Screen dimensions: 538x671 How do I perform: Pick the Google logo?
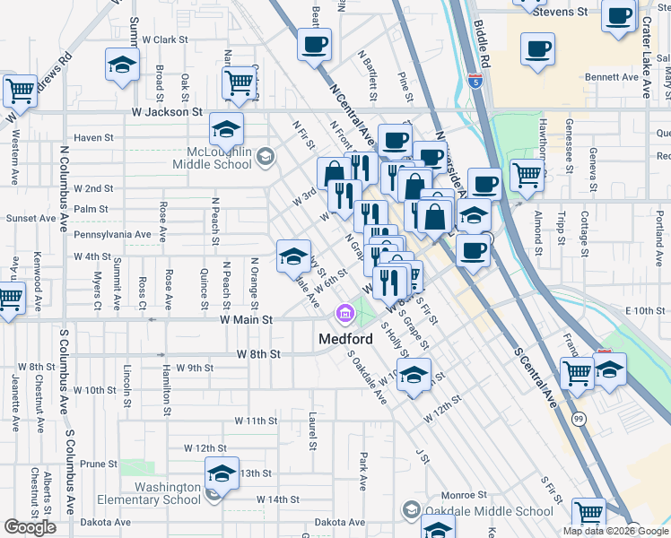(x=30, y=526)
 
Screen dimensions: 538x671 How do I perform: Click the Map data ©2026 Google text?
(x=615, y=531)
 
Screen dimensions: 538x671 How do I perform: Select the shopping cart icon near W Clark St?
(x=239, y=82)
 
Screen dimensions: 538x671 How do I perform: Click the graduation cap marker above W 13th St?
(x=221, y=473)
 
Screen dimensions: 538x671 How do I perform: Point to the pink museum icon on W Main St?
(x=343, y=314)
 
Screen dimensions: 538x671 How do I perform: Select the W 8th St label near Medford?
(x=258, y=354)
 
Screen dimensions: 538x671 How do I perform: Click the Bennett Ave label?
(x=610, y=77)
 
